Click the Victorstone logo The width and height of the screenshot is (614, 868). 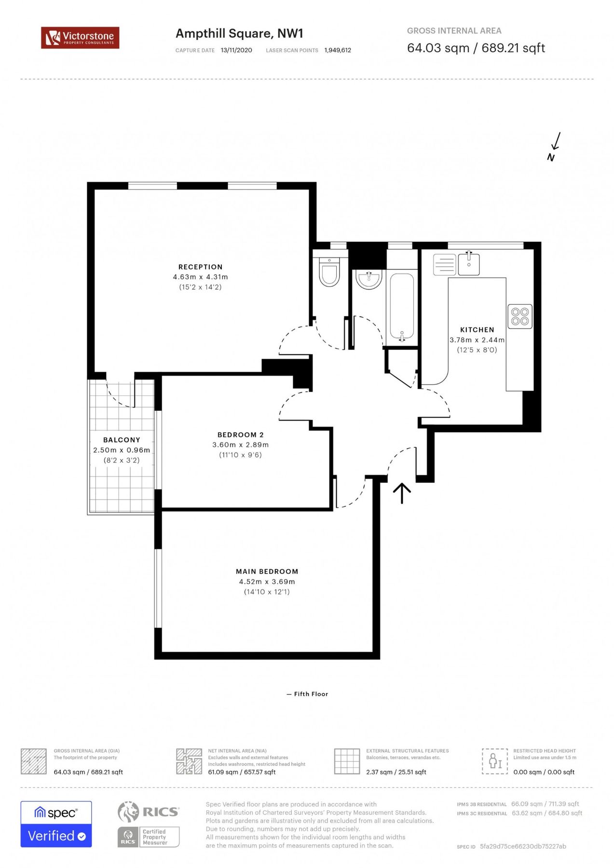pos(80,38)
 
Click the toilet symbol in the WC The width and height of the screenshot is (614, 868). pos(329,273)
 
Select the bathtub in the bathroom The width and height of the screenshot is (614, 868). pos(401,307)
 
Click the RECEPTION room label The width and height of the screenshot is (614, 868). pos(200,267)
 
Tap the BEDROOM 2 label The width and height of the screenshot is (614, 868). pos(240,434)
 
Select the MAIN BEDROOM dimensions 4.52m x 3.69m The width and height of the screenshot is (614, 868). pos(267,582)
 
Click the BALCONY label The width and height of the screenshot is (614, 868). pos(122,440)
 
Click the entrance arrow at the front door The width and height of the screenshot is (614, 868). pos(402,493)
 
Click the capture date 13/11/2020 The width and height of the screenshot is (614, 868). pos(236,50)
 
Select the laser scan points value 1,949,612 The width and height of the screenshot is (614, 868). pos(338,50)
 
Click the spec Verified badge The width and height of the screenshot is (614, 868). pos(56,824)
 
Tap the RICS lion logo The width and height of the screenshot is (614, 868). pos(129,812)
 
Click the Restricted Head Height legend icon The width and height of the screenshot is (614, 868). pos(495,761)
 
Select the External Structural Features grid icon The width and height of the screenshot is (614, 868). pos(347,761)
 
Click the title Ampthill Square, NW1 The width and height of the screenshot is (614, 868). pos(239,33)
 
